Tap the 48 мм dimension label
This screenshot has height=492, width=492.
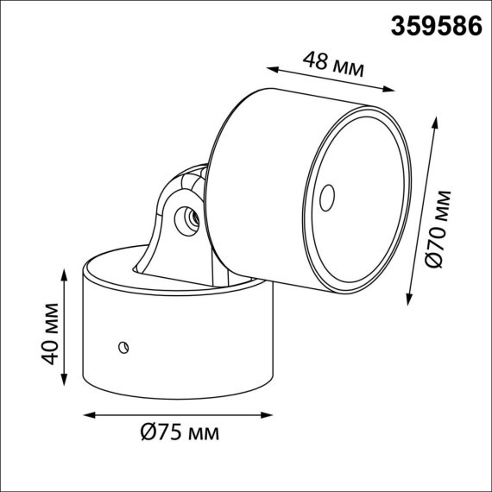click(333, 63)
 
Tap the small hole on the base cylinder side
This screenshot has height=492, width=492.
click(123, 348)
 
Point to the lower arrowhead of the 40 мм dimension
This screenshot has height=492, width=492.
click(66, 385)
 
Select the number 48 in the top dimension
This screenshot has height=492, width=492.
click(317, 60)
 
